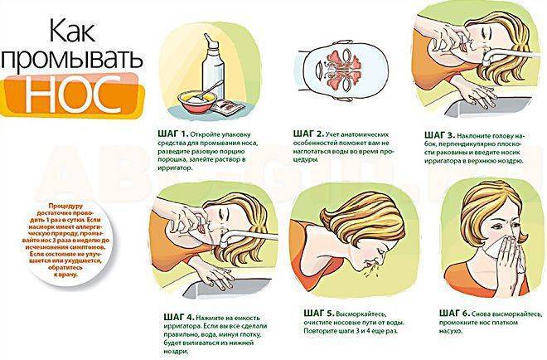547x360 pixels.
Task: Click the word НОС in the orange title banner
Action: click(x=72, y=95)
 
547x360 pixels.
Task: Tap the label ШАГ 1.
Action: click(x=172, y=134)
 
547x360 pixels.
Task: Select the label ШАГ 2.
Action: click(x=309, y=134)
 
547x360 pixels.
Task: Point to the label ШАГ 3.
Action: click(x=439, y=135)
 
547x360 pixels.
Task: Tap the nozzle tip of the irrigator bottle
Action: click(x=207, y=37)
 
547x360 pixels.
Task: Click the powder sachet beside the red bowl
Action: click(x=227, y=106)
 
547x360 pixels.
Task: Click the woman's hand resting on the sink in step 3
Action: click(x=478, y=94)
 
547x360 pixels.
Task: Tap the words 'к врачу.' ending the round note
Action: click(x=65, y=275)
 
